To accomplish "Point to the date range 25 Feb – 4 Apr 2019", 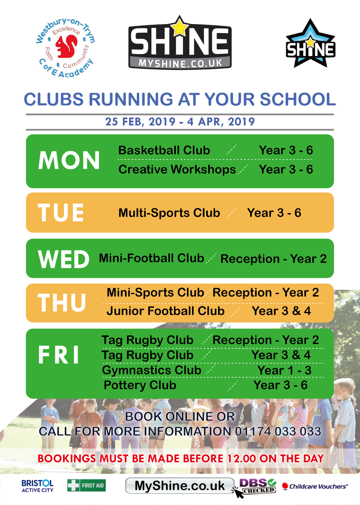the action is click(x=180, y=122).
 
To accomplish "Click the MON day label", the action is click(x=69, y=160).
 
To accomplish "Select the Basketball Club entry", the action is click(x=164, y=150).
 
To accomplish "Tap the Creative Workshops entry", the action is click(x=177, y=170).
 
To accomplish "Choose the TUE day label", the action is click(x=61, y=212).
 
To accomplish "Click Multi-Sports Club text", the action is click(x=169, y=213).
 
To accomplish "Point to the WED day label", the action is click(x=63, y=259).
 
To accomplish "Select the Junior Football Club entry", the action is click(x=166, y=311).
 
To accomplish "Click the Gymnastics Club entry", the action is click(x=152, y=370).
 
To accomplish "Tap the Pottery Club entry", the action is click(x=140, y=385).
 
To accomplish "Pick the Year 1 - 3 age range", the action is click(x=284, y=370).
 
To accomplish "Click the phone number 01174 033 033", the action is click(x=278, y=431).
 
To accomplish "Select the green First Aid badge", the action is click(x=86, y=485).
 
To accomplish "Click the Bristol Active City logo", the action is click(x=37, y=486).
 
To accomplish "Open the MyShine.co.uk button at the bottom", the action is click(x=179, y=485).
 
